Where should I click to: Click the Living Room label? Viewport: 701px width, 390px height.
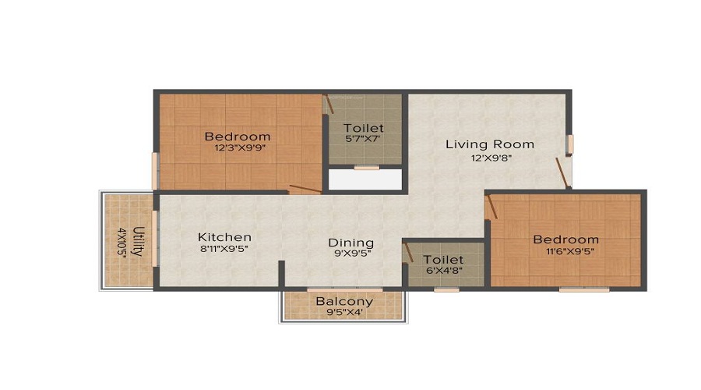point(490,144)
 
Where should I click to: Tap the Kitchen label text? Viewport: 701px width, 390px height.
point(224,237)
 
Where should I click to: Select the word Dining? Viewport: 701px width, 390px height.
point(350,243)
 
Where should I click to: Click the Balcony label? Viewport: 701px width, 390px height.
point(344,301)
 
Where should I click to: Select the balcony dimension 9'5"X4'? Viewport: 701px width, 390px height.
point(343,312)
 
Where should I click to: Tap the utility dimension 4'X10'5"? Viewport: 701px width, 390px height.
point(122,242)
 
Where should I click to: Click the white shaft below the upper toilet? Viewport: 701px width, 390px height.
point(365,179)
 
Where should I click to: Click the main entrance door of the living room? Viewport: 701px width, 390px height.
point(562,172)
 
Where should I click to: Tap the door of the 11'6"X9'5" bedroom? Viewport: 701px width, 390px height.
point(491,207)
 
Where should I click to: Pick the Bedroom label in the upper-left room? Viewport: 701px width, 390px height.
point(238,136)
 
